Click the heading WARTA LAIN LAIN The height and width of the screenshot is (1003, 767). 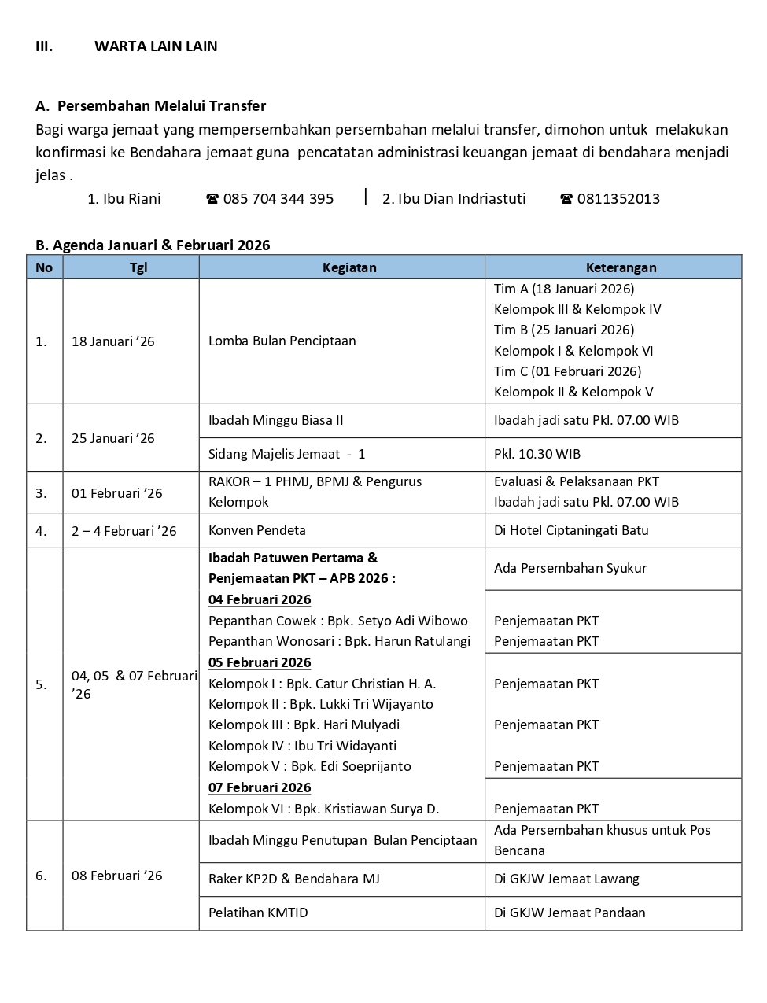pos(156,46)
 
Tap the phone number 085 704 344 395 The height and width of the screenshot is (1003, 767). pos(278,199)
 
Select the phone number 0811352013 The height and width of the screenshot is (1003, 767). pos(618,199)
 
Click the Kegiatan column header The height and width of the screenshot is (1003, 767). pos(349,267)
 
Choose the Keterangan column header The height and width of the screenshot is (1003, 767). pos(621,267)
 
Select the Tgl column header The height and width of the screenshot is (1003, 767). pos(138,267)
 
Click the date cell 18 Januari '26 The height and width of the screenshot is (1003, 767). pos(113,341)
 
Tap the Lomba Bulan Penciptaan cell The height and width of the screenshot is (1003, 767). pos(282,341)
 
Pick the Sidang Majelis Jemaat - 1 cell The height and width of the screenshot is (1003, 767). pos(286,454)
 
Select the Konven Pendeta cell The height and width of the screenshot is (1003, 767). pos(256,531)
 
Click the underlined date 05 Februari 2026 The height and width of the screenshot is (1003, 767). pos(260,662)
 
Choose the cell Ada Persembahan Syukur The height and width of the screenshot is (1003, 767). pos(570,568)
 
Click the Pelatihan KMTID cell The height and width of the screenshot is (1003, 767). pos(258,913)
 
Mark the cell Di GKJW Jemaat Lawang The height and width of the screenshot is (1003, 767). pos(566,879)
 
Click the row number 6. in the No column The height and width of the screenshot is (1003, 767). pos(41,876)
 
